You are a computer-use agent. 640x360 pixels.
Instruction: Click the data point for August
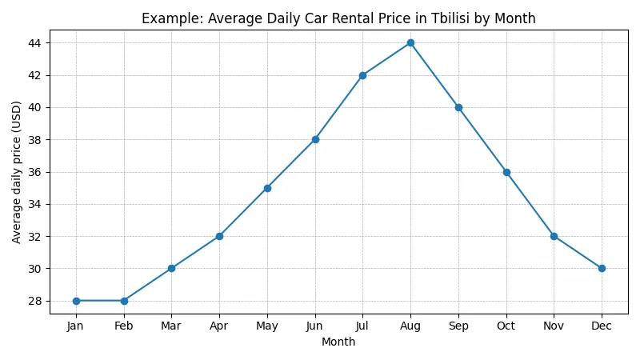click(410, 42)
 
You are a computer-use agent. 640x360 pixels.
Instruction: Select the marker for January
click(76, 301)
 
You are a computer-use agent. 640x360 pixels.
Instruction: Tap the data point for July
click(362, 75)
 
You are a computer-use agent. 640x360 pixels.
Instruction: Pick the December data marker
click(602, 268)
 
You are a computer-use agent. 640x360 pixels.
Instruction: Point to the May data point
click(267, 188)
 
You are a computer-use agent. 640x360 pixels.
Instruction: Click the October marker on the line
click(506, 172)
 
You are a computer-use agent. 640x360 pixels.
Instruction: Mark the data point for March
click(171, 268)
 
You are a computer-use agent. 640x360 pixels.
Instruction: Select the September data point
click(458, 107)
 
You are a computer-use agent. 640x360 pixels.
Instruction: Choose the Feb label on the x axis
click(124, 326)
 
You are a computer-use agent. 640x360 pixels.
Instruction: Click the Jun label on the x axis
click(315, 326)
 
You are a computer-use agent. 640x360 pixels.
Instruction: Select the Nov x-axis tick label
click(554, 326)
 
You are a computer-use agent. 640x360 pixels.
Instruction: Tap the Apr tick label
click(219, 326)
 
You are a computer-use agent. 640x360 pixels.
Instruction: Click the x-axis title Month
click(338, 342)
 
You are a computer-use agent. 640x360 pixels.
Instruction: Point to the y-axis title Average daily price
click(17, 172)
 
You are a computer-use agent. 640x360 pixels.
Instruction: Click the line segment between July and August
click(386, 59)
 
